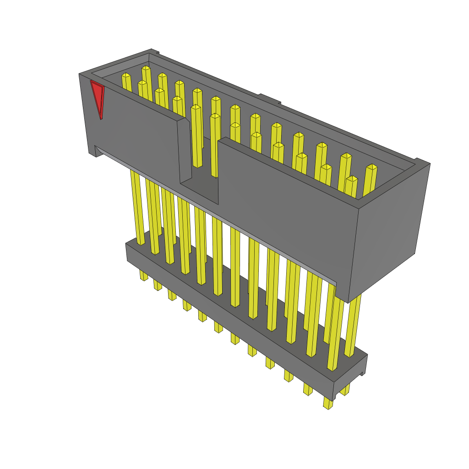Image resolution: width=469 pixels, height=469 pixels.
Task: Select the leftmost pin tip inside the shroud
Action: pos(126,76)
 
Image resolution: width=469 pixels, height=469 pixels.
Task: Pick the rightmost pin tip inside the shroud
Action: pos(372,167)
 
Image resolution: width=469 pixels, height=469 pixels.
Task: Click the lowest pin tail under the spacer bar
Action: pos(328,404)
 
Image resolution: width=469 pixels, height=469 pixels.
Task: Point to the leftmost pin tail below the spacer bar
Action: pos(143,275)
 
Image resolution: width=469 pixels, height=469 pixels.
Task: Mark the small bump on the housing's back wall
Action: pos(269,98)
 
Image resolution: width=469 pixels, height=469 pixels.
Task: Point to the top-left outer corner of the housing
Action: pos(80,74)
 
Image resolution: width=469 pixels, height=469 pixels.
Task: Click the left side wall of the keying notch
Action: pos(185,151)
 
